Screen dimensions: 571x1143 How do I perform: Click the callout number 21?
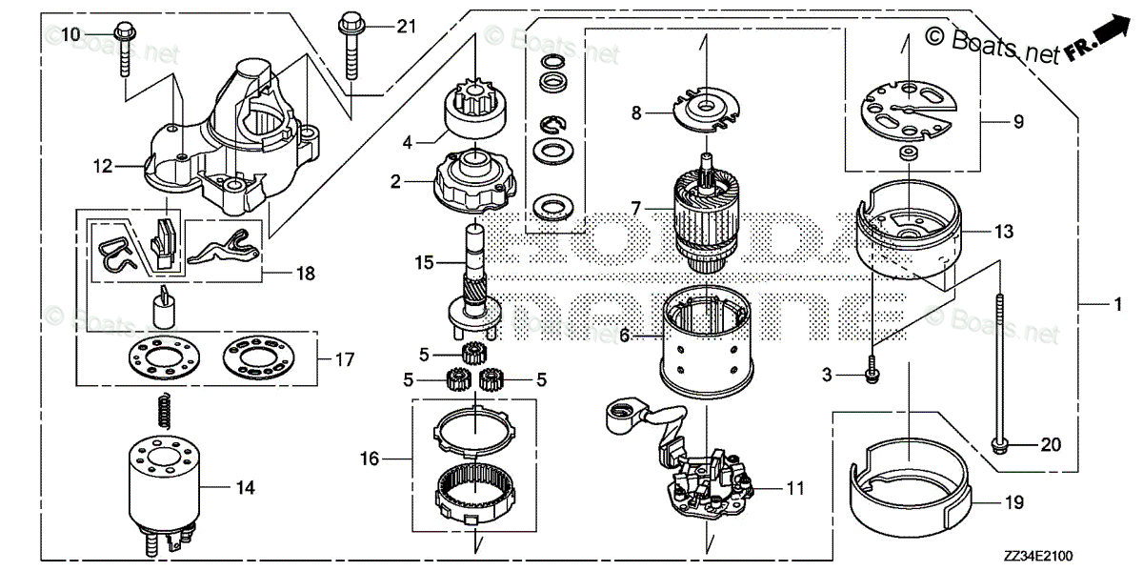pyautogui.click(x=407, y=27)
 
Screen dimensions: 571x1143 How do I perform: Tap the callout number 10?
pyautogui.click(x=71, y=35)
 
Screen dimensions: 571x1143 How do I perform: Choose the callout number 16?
pyautogui.click(x=370, y=459)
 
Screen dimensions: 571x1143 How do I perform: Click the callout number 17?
pyautogui.click(x=344, y=359)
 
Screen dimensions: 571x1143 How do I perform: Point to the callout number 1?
pyautogui.click(x=1118, y=306)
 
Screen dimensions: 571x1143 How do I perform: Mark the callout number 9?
pyautogui.click(x=1018, y=121)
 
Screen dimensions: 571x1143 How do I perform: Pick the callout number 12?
pyautogui.click(x=103, y=167)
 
